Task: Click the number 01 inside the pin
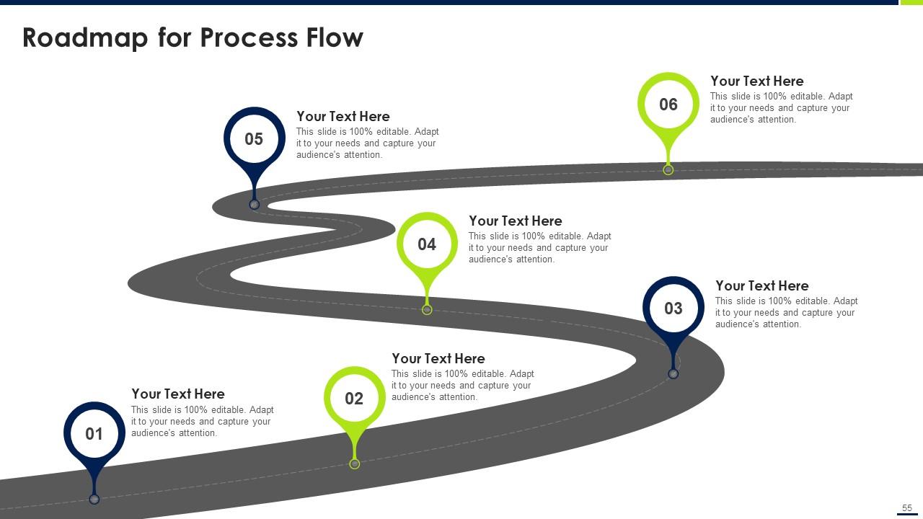coord(94,434)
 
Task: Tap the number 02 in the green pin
coord(354,399)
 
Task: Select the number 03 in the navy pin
coord(673,309)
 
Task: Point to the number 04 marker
coord(427,244)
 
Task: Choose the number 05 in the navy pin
coord(254,139)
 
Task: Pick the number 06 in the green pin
coord(668,105)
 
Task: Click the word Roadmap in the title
coord(85,37)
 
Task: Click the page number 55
coord(907,508)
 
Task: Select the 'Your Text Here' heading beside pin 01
coord(177,394)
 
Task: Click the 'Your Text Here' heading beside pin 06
coord(756,81)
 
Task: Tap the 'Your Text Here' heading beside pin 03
coord(761,286)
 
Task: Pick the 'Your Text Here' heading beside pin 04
coord(515,221)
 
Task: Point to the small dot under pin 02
coord(354,464)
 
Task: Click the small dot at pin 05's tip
coord(254,205)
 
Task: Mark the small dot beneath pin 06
coord(668,170)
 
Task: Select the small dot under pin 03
coord(673,374)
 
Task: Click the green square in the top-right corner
coord(911,2)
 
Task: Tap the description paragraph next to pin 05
coord(367,143)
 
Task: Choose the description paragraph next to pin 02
coord(462,386)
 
